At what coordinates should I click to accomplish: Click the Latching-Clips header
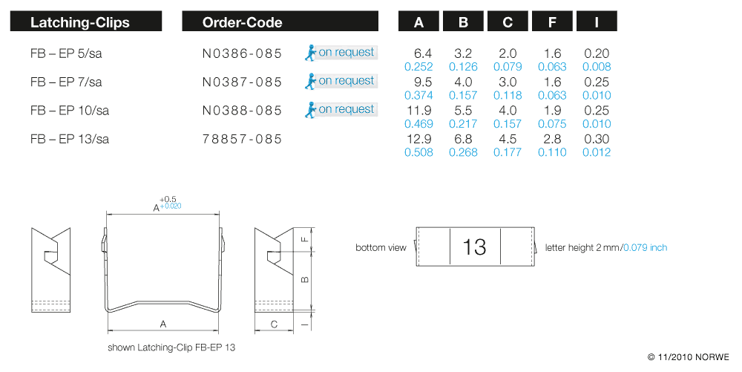[80, 22]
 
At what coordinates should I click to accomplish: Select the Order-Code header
[242, 22]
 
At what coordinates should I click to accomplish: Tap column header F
[552, 22]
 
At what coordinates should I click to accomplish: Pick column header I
[597, 22]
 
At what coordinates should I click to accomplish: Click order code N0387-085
[242, 82]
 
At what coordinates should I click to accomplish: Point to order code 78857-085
[242, 139]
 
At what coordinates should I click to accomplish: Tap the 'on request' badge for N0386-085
[341, 53]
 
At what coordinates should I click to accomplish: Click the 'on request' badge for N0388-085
[341, 110]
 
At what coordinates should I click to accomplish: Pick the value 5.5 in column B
[463, 111]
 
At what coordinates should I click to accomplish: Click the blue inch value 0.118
[508, 95]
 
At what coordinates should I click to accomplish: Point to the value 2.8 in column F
[552, 140]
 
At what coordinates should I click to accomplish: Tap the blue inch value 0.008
[597, 67]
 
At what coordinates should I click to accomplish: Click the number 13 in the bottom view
[474, 247]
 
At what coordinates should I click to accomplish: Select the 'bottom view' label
[381, 247]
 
